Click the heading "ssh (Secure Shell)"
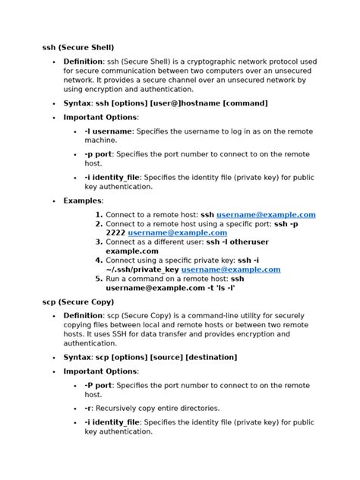[83, 47]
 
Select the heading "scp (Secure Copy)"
[81, 302]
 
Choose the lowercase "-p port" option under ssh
[99, 153]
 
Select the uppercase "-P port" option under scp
[99, 385]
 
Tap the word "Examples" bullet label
[83, 201]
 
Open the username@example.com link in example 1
[266, 215]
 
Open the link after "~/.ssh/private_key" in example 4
[231, 269]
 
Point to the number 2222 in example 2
[115, 232]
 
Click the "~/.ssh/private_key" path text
[142, 269]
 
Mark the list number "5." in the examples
[99, 279]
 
